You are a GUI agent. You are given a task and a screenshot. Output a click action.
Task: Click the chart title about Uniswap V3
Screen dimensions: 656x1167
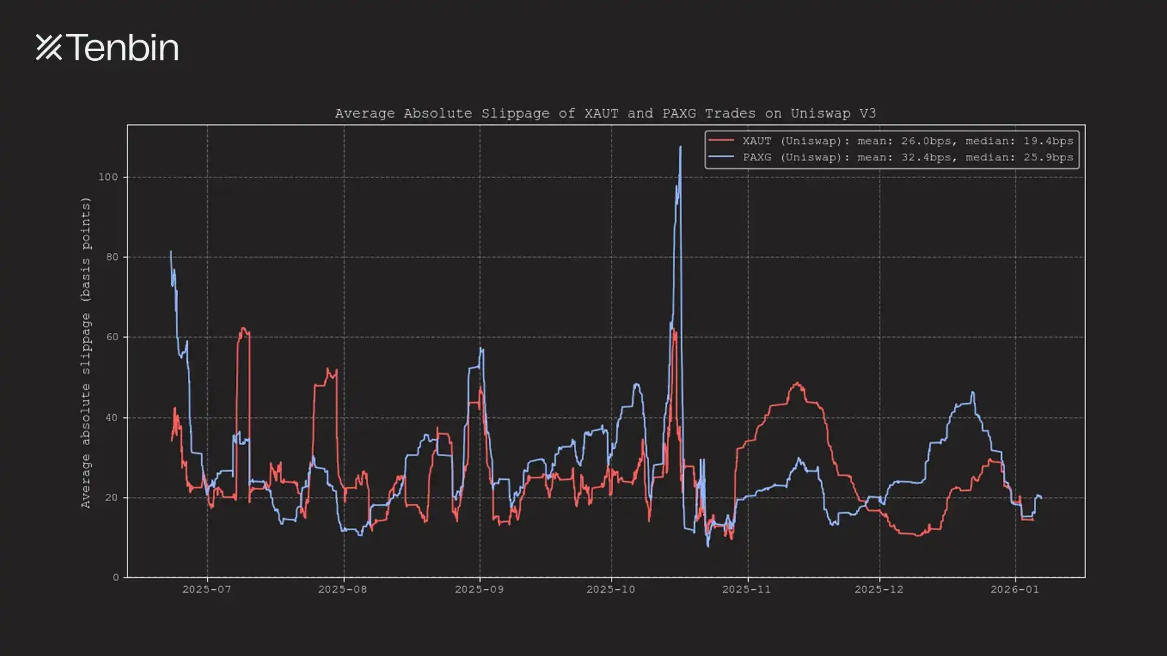pos(605,114)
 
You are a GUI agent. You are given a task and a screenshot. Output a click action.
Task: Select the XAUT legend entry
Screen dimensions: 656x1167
pos(907,141)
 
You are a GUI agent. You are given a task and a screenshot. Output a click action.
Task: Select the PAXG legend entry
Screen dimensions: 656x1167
pos(907,157)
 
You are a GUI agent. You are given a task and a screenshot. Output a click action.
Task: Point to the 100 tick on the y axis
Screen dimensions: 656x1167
pos(108,177)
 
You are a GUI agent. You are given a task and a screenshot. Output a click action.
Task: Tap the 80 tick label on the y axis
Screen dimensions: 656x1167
pos(112,257)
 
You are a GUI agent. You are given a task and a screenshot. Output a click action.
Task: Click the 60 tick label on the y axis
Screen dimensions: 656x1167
pos(112,337)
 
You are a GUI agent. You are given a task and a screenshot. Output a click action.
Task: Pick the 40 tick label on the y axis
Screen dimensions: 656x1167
pos(112,418)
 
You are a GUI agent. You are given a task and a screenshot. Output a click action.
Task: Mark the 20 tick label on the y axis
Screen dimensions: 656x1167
pos(112,497)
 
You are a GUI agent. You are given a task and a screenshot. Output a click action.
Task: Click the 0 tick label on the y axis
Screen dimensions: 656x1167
pos(115,577)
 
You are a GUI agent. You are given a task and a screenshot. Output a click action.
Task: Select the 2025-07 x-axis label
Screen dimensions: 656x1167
pos(207,589)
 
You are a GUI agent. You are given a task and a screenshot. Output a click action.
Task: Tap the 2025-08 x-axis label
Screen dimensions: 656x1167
pos(343,589)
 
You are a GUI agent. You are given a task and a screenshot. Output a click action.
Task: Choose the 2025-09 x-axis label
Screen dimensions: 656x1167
pos(479,589)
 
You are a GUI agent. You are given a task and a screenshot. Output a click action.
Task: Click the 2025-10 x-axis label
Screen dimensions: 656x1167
pos(611,589)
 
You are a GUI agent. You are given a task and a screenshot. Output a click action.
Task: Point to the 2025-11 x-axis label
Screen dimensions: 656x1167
pos(746,589)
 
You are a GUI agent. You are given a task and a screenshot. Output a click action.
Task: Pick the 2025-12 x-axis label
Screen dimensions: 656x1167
pos(879,589)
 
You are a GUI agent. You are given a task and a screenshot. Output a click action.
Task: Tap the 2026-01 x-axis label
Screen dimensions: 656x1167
pos(1014,589)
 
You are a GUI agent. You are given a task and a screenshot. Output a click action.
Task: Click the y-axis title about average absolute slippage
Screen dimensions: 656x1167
pos(86,352)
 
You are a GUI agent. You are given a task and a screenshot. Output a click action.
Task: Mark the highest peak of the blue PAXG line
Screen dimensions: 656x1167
pos(680,146)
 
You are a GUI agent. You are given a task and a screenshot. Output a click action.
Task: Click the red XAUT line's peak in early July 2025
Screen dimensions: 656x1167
pos(243,329)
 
